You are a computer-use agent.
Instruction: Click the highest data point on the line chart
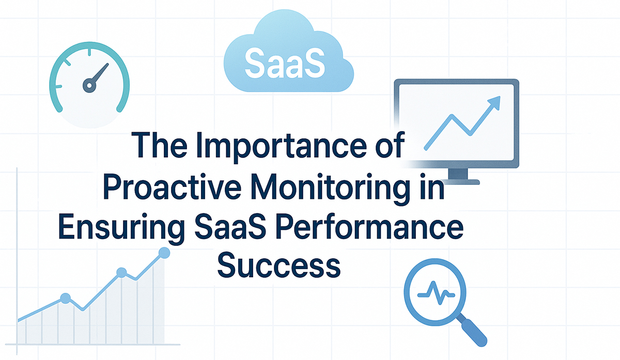(x=164, y=253)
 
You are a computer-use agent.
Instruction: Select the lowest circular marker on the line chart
(x=65, y=298)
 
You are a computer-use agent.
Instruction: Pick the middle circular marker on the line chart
(x=122, y=273)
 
